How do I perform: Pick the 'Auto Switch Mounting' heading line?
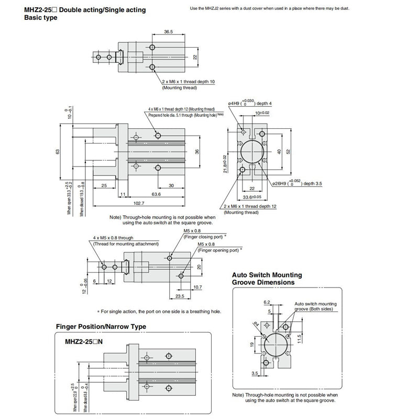(267, 274)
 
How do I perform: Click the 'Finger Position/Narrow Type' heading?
(101, 326)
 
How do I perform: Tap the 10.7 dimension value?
(197, 287)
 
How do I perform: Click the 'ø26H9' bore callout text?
(281, 183)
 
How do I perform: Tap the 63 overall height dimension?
(59, 151)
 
